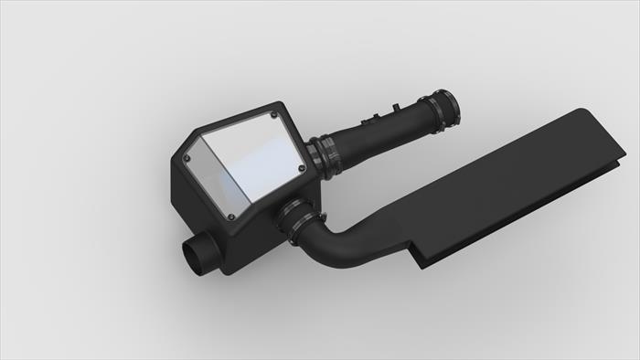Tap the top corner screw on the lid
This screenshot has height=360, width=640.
[275, 115]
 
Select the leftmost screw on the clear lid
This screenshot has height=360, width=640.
[189, 156]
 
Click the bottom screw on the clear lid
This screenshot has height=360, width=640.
[230, 217]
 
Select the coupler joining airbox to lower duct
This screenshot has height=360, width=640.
[297, 223]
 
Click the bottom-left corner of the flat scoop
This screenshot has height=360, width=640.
[420, 265]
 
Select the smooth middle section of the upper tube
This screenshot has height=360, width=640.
[384, 132]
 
